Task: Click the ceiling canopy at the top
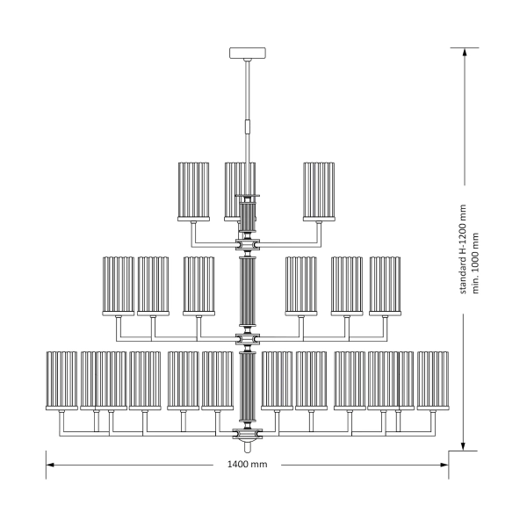tap(248, 54)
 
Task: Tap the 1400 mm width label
tap(247, 465)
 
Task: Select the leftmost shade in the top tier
tap(194, 191)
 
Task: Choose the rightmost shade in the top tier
tap(321, 191)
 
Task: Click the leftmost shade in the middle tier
tap(119, 285)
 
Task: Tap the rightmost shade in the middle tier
tap(385, 285)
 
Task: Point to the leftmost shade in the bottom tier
tap(61, 379)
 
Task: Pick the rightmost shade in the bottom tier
tap(432, 379)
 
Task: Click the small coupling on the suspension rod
tap(248, 126)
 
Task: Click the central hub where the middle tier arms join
tap(248, 338)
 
